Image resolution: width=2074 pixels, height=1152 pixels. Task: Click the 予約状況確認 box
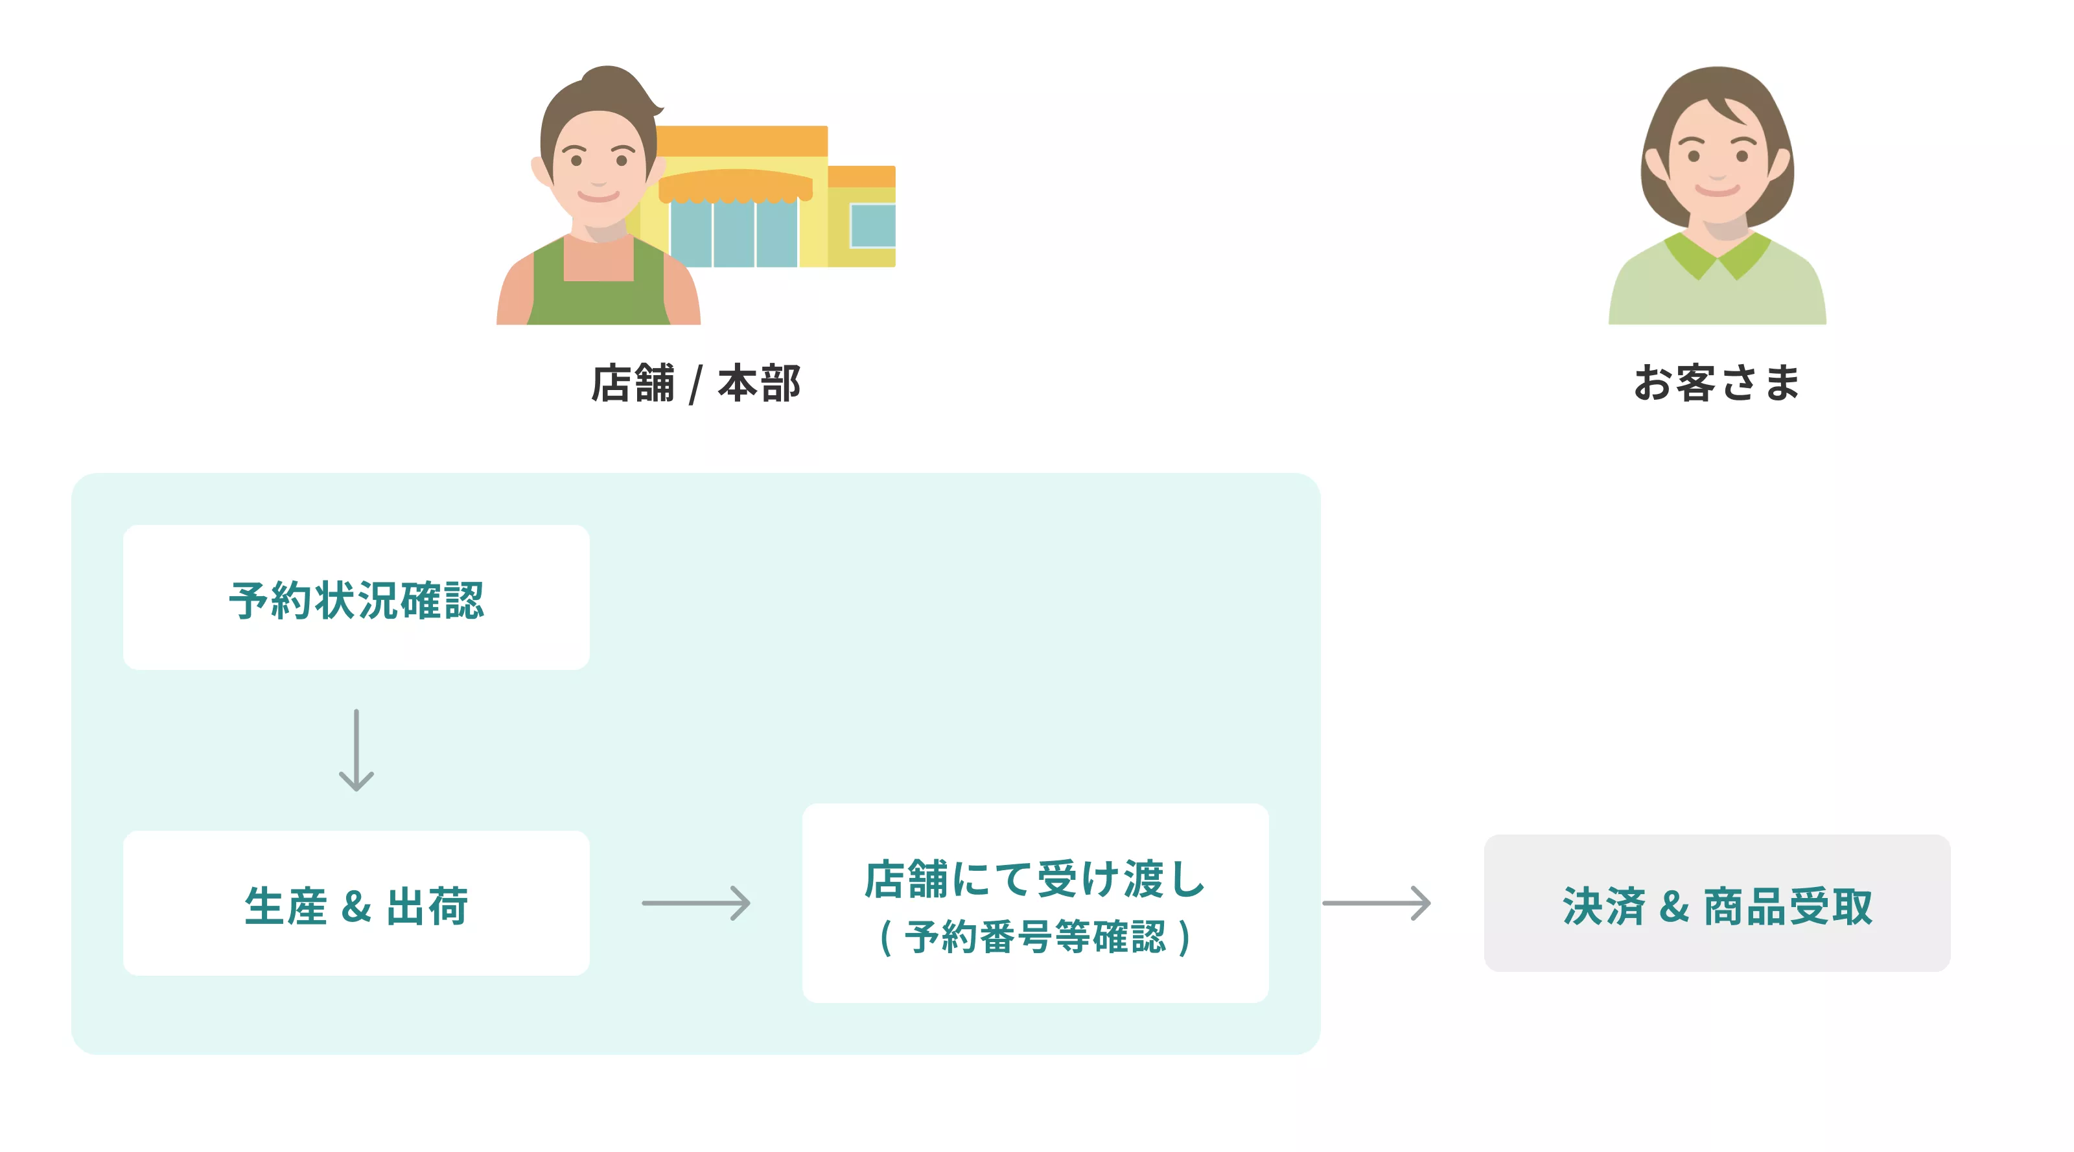tap(356, 597)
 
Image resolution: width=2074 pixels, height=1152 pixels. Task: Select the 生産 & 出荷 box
tap(356, 903)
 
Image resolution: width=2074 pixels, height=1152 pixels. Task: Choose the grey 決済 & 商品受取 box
tap(1716, 903)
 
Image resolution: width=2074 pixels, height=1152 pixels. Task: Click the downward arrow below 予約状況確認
tap(356, 750)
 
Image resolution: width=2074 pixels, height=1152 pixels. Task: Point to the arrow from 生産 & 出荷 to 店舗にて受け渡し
tap(695, 903)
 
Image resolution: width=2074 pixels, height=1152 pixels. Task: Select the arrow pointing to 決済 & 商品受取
tap(1376, 903)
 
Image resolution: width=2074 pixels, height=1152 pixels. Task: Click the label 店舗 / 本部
tap(695, 383)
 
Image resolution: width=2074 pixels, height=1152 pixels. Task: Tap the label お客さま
tap(1716, 382)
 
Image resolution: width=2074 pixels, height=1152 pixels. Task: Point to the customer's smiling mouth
tap(1716, 190)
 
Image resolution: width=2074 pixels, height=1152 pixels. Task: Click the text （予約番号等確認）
tap(1034, 938)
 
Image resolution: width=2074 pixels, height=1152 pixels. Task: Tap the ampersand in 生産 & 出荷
tap(356, 906)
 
